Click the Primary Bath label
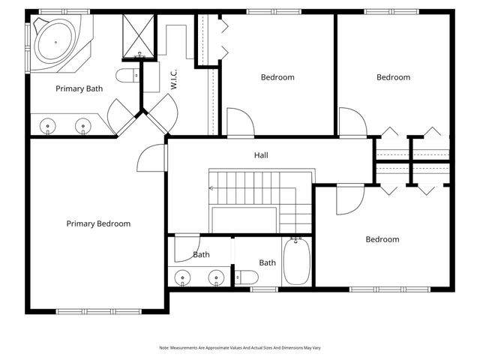pos(79,88)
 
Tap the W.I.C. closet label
pos(173,79)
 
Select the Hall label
pos(261,155)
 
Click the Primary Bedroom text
pos(98,223)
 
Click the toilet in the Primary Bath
pos(127,75)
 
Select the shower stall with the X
pos(138,36)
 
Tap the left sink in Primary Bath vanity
pos(48,126)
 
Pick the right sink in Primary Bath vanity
pos(83,126)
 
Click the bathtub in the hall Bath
pos(296,261)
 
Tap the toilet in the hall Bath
pos(247,277)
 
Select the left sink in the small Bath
pos(182,277)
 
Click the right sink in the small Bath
pos(216,277)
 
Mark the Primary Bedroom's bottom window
pos(98,312)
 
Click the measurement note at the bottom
pos(240,348)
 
